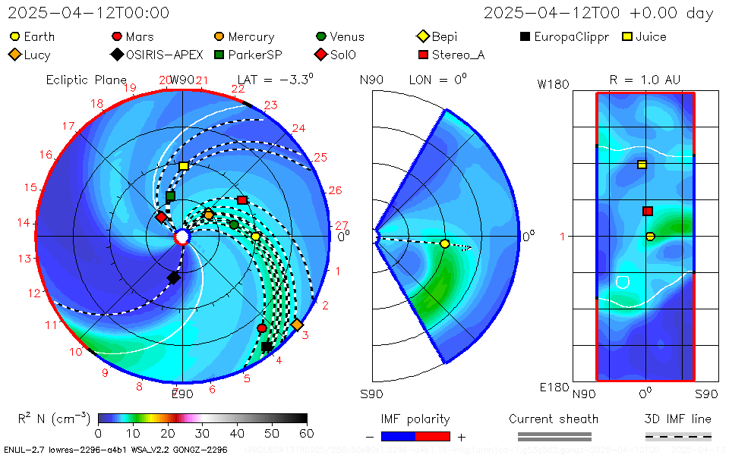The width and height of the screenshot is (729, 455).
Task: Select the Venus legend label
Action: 340,36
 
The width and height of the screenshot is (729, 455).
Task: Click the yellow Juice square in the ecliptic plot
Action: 184,165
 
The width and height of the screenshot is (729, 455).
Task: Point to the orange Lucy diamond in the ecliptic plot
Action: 297,325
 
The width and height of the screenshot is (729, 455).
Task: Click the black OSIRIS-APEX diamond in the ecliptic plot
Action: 173,278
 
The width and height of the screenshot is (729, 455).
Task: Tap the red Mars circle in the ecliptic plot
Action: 262,328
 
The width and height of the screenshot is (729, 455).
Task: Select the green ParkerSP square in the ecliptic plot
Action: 170,196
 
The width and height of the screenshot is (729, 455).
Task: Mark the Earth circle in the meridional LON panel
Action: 445,243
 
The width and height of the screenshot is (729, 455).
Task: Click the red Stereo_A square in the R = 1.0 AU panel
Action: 648,212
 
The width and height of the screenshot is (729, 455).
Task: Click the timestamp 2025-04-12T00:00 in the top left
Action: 89,13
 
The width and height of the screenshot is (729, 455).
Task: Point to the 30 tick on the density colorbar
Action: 203,433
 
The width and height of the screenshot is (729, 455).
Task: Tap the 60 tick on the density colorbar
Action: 307,433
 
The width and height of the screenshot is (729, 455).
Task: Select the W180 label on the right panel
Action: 554,84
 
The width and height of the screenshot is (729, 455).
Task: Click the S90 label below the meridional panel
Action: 371,394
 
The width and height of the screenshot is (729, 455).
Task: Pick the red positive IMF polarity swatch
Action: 433,436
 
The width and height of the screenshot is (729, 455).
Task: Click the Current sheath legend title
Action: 554,419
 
